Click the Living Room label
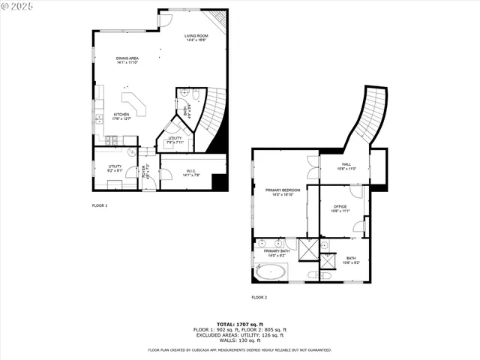(196, 37)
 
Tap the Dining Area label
(127, 60)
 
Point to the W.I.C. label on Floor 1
(191, 172)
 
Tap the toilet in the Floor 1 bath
(193, 95)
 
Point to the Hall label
(346, 166)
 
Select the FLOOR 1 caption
(100, 205)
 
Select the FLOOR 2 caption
(259, 297)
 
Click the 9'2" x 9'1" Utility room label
(115, 168)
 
